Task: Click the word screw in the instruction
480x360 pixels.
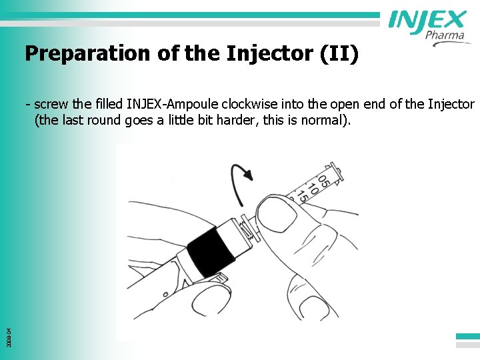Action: (49, 104)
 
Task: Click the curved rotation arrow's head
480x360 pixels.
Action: (248, 175)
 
